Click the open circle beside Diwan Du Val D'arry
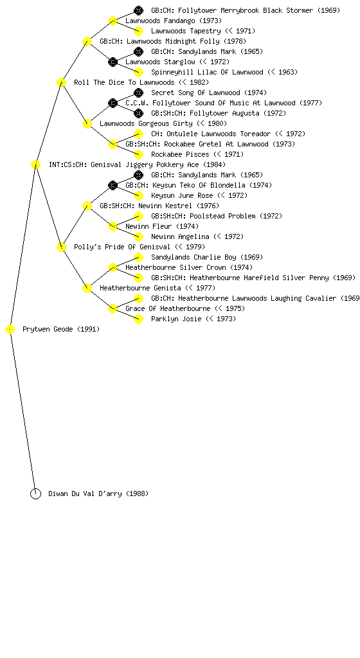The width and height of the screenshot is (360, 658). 35,494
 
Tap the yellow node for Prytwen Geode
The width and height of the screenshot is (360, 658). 10,330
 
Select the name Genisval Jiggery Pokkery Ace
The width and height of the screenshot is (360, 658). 145,164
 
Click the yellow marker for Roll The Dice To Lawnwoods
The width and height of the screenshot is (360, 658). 61,82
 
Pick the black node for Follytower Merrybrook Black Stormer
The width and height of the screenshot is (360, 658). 138,10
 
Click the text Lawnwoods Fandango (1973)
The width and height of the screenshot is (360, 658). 174,21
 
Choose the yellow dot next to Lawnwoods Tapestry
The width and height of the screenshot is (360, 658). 138,31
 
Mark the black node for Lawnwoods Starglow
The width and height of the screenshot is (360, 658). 113,62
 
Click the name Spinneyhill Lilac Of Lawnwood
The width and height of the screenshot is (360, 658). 207,72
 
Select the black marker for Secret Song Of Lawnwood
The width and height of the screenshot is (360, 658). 138,93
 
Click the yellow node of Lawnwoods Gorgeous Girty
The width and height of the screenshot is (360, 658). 87,123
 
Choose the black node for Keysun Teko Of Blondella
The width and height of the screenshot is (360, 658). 113,185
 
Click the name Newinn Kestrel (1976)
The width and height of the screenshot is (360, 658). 178,206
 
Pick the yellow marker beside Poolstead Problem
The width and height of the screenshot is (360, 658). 138,216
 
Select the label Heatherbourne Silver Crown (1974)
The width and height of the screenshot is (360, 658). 189,267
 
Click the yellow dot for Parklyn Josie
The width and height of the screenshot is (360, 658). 138,319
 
